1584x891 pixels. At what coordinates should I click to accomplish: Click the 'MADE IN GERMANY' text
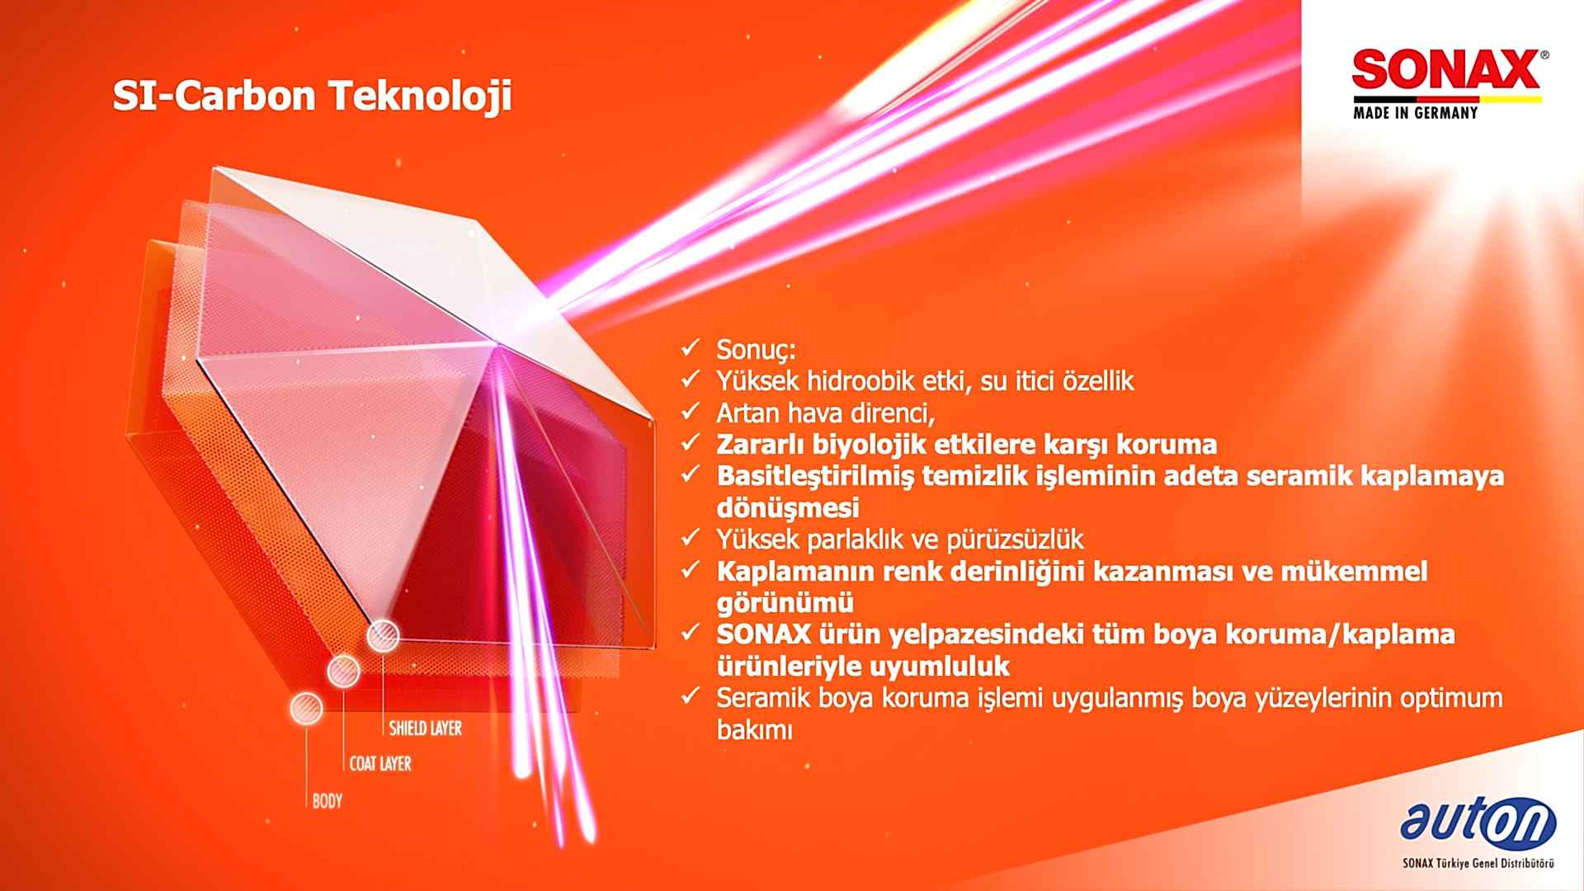[1415, 112]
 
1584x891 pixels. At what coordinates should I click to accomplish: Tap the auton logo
[1478, 824]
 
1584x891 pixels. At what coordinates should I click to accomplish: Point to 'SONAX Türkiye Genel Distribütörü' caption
[1478, 864]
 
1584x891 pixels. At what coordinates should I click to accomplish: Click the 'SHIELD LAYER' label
[426, 728]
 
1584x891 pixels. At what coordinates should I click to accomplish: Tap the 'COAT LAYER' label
[380, 764]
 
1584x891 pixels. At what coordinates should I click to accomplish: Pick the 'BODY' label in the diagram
[328, 800]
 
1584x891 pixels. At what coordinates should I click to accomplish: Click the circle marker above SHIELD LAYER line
[383, 636]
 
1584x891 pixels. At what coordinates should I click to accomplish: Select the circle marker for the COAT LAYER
[343, 672]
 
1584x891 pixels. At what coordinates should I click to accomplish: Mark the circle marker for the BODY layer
[306, 709]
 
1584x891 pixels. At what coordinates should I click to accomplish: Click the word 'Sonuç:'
[756, 350]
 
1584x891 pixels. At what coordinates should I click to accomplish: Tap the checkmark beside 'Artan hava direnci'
[691, 410]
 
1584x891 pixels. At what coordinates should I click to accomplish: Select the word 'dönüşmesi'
[788, 507]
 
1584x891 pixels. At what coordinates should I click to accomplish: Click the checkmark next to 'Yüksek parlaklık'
[691, 538]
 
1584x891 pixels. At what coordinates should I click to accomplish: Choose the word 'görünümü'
[785, 603]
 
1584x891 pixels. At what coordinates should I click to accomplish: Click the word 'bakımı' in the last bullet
[754, 730]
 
